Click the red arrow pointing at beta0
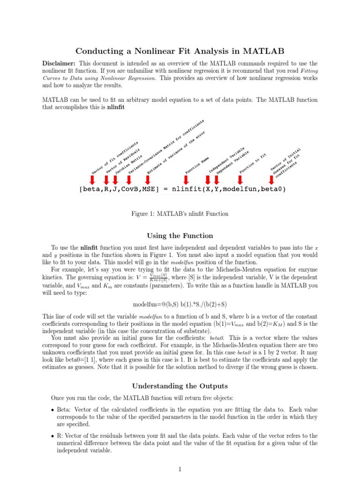coord(271,179)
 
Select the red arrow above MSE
coord(149,179)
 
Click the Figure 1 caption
coord(180,214)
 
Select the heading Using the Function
coord(180,236)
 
